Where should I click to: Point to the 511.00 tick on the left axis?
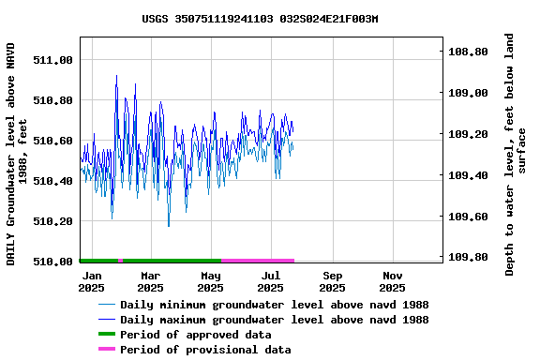point(52,60)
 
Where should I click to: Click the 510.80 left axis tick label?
point(52,100)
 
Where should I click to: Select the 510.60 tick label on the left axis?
point(52,141)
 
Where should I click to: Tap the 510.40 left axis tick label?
point(52,181)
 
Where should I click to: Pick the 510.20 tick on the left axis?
point(52,221)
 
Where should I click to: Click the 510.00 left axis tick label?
point(52,262)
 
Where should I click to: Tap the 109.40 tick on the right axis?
point(468,175)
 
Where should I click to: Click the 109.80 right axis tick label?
point(468,257)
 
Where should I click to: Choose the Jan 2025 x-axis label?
point(91,281)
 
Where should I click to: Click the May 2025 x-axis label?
point(211,281)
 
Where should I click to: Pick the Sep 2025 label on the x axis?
point(332,281)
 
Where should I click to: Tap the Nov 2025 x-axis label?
point(393,281)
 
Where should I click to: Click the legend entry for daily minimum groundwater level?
point(274,305)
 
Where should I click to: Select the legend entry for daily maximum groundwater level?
point(274,320)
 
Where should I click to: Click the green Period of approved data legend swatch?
point(107,335)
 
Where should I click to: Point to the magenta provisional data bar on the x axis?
point(258,261)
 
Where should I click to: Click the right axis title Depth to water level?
point(516,155)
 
